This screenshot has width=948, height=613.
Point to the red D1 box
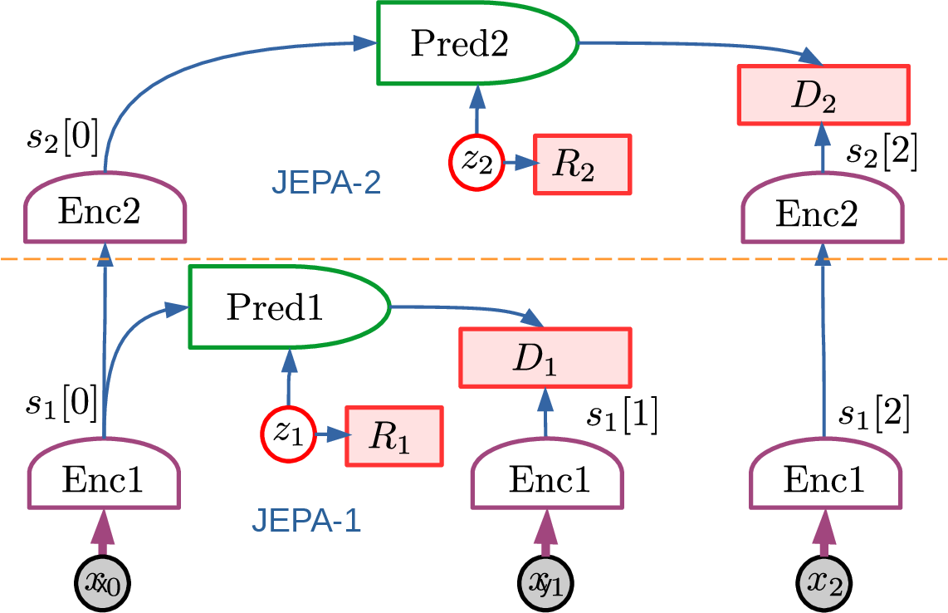(545, 357)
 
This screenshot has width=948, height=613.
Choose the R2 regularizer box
(581, 163)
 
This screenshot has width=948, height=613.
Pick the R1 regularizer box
(393, 436)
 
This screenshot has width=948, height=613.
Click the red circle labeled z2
(476, 163)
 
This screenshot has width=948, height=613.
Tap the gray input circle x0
(103, 581)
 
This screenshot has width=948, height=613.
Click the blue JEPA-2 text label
(327, 181)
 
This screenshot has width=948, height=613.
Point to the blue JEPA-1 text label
(306, 521)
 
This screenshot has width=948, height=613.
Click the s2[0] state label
(63, 140)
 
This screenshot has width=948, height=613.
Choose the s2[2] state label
(882, 154)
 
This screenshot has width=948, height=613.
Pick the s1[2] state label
(874, 414)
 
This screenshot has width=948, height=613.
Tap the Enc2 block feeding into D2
(823, 213)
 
